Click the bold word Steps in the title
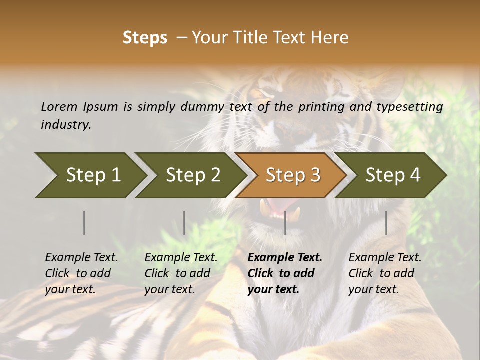point(145,38)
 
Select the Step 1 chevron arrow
point(90,175)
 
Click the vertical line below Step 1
point(84,223)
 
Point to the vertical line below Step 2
point(184,223)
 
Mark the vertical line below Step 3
point(285,223)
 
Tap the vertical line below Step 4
point(386,223)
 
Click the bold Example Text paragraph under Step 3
point(285,273)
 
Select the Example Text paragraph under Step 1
point(81,273)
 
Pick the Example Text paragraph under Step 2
point(181,273)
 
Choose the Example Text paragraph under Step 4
point(385,273)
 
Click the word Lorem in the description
point(59,107)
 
